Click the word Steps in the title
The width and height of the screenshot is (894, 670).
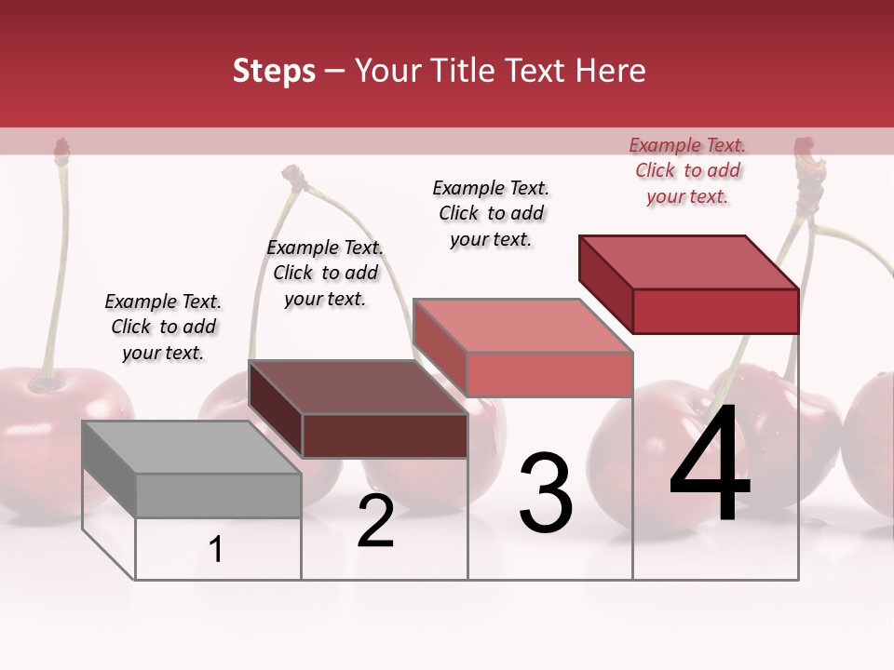coord(274,71)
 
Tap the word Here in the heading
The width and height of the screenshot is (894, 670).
coord(611,71)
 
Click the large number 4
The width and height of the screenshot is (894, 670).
coord(710,465)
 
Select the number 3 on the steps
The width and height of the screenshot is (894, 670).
coord(546,493)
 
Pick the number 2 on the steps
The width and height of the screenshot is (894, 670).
coord(375,521)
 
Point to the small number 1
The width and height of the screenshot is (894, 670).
coord(216,550)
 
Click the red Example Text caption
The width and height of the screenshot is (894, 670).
coord(687,170)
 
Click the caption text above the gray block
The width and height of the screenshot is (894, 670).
coord(163,327)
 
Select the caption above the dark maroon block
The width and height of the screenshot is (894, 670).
coord(325,273)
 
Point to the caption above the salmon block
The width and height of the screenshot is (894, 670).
coord(491,213)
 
